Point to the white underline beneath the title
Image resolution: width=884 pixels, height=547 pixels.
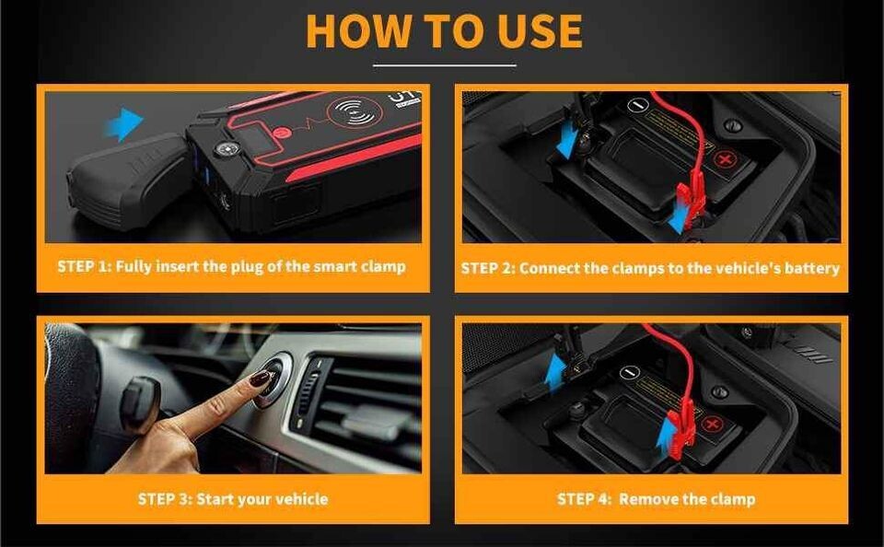(444, 65)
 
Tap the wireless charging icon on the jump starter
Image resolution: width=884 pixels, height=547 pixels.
(355, 113)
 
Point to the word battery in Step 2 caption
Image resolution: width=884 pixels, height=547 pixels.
(809, 268)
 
